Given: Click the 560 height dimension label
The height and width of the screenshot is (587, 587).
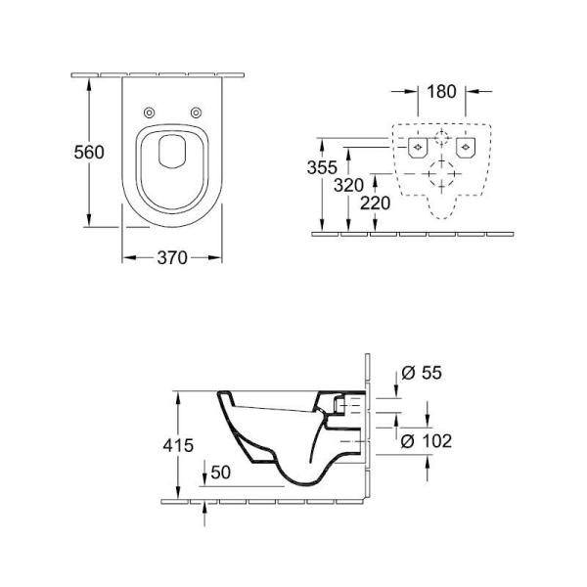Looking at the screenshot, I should (89, 152).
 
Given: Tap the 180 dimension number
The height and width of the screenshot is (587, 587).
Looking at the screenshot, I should (441, 92).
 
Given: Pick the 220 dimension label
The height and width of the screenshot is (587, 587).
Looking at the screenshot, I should (376, 203).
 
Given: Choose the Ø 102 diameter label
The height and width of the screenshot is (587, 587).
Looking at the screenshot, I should (427, 441).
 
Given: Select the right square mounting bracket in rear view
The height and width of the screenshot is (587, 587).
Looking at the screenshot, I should (466, 149).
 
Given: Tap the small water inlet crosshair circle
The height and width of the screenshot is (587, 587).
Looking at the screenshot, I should (442, 138).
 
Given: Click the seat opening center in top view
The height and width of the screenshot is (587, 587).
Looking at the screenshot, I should (172, 161).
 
